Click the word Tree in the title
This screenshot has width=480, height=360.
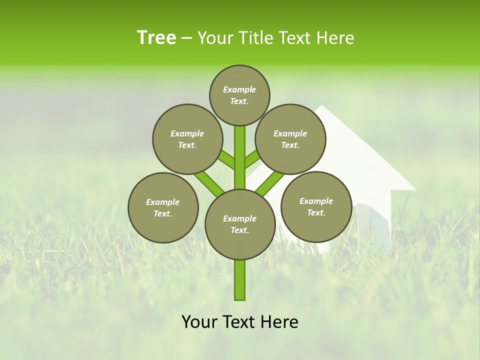point(156,38)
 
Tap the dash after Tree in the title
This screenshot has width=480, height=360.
point(186,38)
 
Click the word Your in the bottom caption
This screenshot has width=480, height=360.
point(200,322)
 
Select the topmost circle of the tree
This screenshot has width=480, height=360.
point(239,95)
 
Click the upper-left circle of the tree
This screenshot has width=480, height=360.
point(187,139)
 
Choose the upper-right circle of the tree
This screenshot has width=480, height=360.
point(290,139)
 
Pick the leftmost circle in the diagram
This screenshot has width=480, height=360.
point(163,207)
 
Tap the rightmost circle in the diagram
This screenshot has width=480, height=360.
point(316,207)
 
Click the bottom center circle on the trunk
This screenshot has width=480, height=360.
point(240,224)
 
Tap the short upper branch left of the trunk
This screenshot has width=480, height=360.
point(227,161)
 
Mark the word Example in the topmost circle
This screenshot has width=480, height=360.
point(239,89)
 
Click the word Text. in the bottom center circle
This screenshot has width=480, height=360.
point(239,230)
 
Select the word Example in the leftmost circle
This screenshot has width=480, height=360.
point(162,202)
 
